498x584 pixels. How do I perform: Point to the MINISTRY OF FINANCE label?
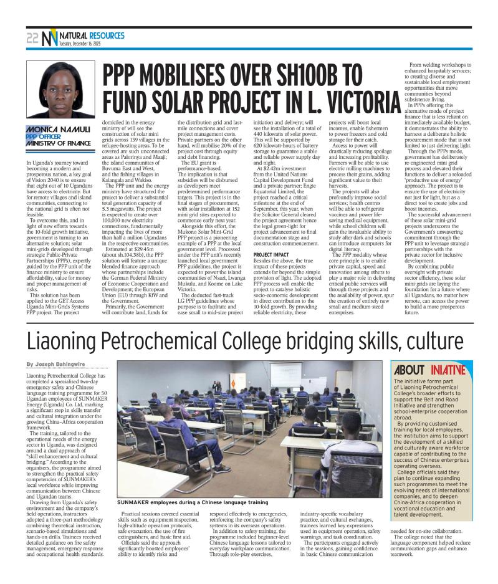(59, 143)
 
